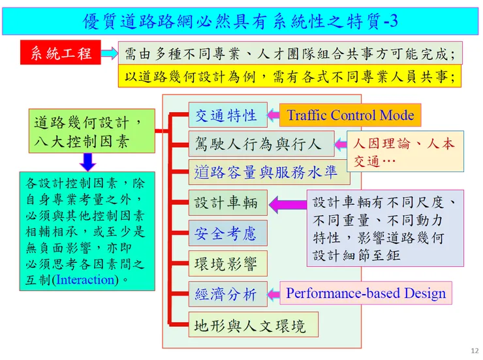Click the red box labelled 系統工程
[60, 52]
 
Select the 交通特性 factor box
[228, 115]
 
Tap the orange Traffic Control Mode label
[350, 115]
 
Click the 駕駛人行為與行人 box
[261, 143]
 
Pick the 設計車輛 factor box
[228, 203]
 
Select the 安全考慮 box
[228, 233]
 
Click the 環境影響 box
[228, 263]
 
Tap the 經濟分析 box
[228, 294]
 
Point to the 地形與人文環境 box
[253, 325]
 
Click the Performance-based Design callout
[366, 293]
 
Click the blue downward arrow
[88, 162]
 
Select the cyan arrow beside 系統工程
[110, 53]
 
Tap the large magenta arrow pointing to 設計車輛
[288, 204]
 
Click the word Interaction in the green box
[86, 280]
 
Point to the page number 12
[475, 350]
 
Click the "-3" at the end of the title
[391, 22]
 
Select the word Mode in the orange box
[397, 115]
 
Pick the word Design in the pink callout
[425, 293]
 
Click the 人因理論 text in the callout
[382, 143]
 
